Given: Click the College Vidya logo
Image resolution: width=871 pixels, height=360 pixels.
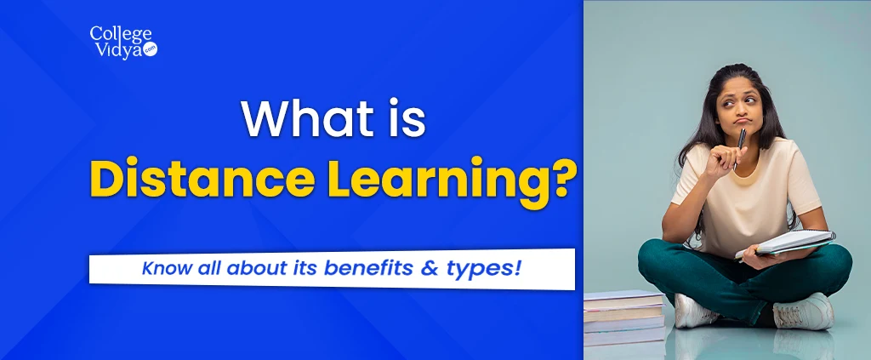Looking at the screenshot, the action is click(123, 43).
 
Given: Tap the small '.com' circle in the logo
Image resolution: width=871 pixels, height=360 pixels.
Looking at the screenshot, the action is click(150, 49).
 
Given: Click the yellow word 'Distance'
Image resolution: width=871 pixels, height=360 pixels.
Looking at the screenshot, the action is click(201, 178).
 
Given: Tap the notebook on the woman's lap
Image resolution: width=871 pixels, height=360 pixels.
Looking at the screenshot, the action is click(785, 245).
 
